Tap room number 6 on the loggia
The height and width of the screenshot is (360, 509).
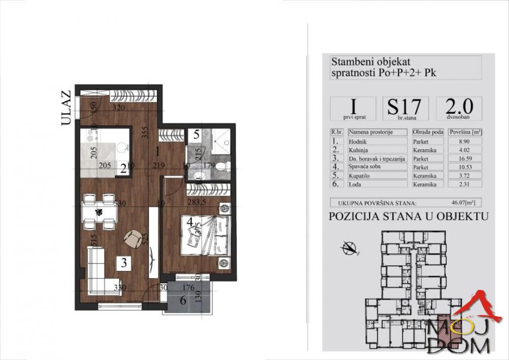(182, 300)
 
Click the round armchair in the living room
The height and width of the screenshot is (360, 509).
(133, 237)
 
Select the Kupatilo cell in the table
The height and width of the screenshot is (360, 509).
(377, 175)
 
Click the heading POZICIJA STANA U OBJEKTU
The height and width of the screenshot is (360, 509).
(409, 216)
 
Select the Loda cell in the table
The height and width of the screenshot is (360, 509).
(377, 183)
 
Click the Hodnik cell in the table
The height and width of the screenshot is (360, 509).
(377, 142)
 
